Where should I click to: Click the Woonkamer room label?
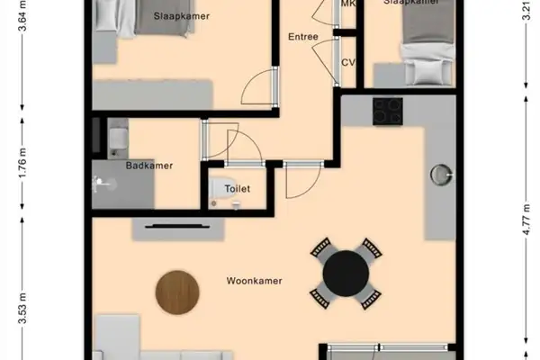254,281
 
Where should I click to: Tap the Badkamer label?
149,166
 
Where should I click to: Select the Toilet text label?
238,188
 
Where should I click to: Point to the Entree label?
302,38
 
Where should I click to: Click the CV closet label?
349,62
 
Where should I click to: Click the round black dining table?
346,273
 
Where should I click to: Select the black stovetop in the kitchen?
388,111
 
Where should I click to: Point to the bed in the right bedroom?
416,40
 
